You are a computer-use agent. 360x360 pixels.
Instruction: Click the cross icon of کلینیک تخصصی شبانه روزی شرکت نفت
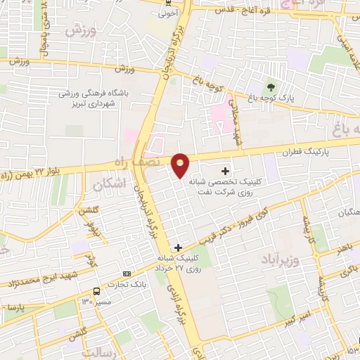225,170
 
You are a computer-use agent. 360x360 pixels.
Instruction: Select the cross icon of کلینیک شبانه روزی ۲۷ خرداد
179,247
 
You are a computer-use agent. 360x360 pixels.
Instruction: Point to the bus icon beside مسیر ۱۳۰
96,291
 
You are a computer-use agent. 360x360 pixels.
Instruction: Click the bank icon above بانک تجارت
127,274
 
